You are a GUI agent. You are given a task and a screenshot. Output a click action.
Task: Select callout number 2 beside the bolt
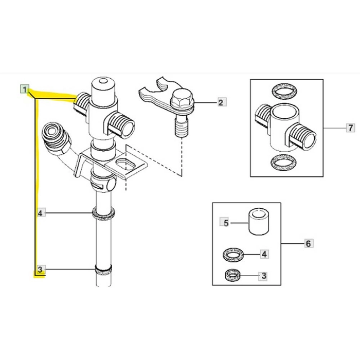tap(220, 103)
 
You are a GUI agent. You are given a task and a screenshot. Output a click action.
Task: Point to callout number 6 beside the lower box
tap(308, 243)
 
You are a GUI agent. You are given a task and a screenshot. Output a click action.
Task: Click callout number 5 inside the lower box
tap(225, 223)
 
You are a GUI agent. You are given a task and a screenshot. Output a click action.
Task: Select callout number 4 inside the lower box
tap(264, 254)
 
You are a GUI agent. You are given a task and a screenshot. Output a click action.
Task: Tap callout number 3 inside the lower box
tap(264, 276)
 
